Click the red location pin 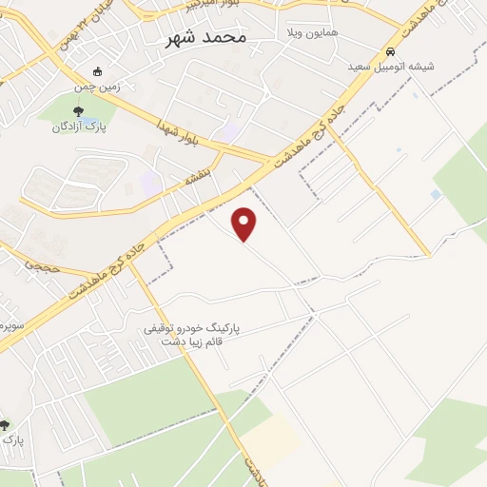point(244,224)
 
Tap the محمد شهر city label point(205,38)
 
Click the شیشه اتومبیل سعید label point(391,66)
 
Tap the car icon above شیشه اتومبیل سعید point(390,51)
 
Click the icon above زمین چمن point(97,71)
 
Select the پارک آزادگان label point(75,126)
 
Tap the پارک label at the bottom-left point(10,439)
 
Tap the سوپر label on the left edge point(8,325)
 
